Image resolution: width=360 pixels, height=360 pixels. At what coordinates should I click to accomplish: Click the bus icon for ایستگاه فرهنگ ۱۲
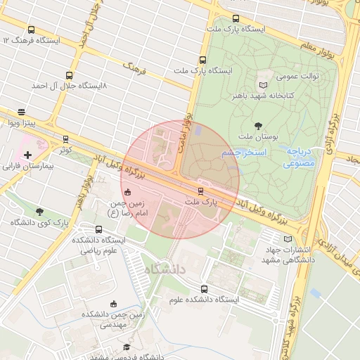click(31, 30)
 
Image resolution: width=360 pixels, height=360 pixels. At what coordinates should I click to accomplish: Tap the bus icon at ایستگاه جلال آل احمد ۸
click(69, 75)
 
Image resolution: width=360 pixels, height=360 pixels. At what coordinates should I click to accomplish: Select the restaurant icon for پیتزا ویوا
click(22, 112)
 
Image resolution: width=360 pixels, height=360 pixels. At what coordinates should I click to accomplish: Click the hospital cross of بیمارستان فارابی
click(27, 155)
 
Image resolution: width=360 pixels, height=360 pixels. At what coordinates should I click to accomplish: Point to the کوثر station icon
click(66, 139)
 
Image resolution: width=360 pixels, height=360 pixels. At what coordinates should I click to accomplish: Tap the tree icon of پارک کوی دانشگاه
click(39, 212)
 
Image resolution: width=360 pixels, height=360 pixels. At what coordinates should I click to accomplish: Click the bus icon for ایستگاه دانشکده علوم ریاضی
click(98, 229)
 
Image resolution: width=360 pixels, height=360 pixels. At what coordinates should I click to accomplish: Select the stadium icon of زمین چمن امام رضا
click(127, 192)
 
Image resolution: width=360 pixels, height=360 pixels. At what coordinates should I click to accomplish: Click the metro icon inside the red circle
click(201, 191)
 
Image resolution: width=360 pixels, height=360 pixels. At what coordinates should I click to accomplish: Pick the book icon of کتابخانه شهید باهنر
click(264, 84)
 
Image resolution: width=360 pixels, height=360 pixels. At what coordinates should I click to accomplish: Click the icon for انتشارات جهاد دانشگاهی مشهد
click(287, 239)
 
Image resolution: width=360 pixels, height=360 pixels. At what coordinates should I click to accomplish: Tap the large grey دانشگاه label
click(166, 269)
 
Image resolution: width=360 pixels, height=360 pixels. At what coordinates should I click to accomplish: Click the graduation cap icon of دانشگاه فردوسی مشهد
click(127, 347)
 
